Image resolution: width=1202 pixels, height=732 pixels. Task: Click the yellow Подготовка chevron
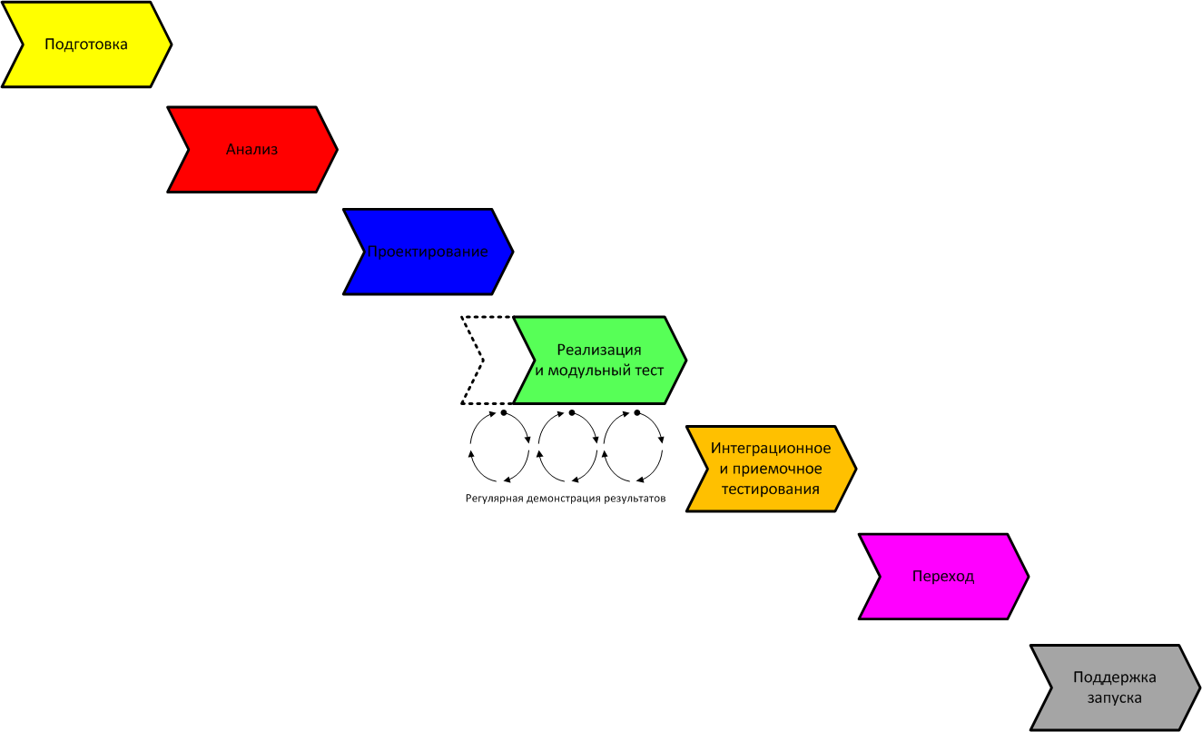[x=86, y=45]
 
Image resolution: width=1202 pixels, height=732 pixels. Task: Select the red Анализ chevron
[x=252, y=149]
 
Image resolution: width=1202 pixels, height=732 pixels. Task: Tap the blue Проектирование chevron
[x=429, y=252]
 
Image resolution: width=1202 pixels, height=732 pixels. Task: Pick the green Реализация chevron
[x=599, y=360]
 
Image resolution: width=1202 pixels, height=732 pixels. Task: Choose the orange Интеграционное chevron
[x=771, y=469]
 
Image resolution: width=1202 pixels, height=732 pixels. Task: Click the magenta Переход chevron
[x=943, y=577]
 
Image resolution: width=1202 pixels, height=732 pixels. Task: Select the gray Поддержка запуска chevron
[x=1115, y=687]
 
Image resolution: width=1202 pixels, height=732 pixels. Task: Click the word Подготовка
[x=86, y=44]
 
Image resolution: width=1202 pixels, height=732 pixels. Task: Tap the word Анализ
[x=251, y=149]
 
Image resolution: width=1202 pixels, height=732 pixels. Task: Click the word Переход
[x=943, y=577]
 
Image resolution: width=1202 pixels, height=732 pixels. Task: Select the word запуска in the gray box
[x=1115, y=698]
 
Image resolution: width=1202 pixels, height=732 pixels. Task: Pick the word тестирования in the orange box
[x=771, y=490]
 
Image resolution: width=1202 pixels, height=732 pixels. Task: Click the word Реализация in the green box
[x=599, y=350]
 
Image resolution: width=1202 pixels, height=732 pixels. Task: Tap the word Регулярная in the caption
[x=494, y=499]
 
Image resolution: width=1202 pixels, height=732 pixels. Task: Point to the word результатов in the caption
[x=635, y=499]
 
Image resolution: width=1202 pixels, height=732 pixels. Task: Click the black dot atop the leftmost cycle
[x=503, y=412]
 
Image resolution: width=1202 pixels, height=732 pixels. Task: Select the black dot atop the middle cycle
[x=571, y=412]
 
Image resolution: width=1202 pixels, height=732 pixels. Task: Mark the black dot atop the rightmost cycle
[x=637, y=412]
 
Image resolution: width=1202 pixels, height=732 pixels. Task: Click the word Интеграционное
[x=771, y=448]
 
